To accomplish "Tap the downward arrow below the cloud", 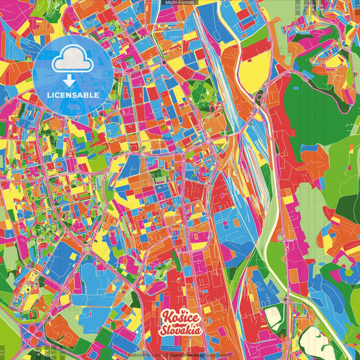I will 70,81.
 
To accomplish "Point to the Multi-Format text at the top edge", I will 180,3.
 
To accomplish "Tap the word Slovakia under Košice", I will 180,331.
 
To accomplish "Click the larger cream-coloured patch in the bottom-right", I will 318,340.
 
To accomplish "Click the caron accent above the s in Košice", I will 178,311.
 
